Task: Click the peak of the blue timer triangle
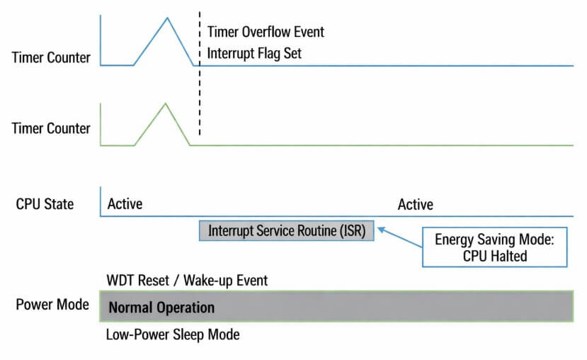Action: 167,17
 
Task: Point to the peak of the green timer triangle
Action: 165,103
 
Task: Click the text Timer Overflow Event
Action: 266,32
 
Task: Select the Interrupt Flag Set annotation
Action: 254,54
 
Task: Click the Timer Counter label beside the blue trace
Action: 51,57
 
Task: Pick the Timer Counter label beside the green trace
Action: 51,129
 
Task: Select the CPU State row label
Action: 45,204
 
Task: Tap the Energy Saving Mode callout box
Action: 495,247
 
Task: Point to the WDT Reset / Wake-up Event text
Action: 187,281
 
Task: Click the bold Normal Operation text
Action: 161,308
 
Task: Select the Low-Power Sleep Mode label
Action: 173,334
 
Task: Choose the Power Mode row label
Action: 52,305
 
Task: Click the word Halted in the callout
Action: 507,256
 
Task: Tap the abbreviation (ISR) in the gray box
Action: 348,231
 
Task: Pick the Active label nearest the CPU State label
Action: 125,204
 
